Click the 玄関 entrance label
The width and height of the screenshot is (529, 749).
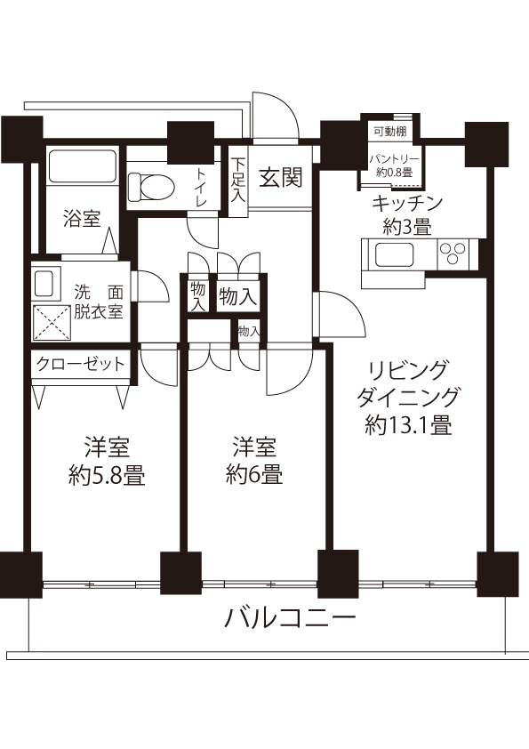[x=281, y=178]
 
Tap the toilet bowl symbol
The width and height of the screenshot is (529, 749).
[x=151, y=187]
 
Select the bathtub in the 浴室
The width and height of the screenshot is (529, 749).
[x=82, y=166]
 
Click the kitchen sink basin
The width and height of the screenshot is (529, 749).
[x=395, y=254]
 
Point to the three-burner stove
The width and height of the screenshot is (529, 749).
[x=453, y=254]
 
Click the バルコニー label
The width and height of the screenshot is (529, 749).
[x=290, y=619]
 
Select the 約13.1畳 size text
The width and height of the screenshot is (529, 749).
[x=409, y=424]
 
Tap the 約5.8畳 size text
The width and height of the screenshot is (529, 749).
[x=107, y=475]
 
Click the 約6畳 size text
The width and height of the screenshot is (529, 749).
[x=254, y=474]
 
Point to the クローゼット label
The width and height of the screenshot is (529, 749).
[x=81, y=365]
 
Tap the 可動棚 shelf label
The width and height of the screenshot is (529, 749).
[x=390, y=132]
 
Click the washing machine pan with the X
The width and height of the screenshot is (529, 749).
[x=52, y=323]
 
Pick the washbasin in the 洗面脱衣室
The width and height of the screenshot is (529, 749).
[x=44, y=284]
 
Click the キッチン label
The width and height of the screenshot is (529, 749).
[x=407, y=204]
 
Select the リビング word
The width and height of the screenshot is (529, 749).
[x=409, y=370]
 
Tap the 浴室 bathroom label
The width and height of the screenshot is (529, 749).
[x=82, y=218]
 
